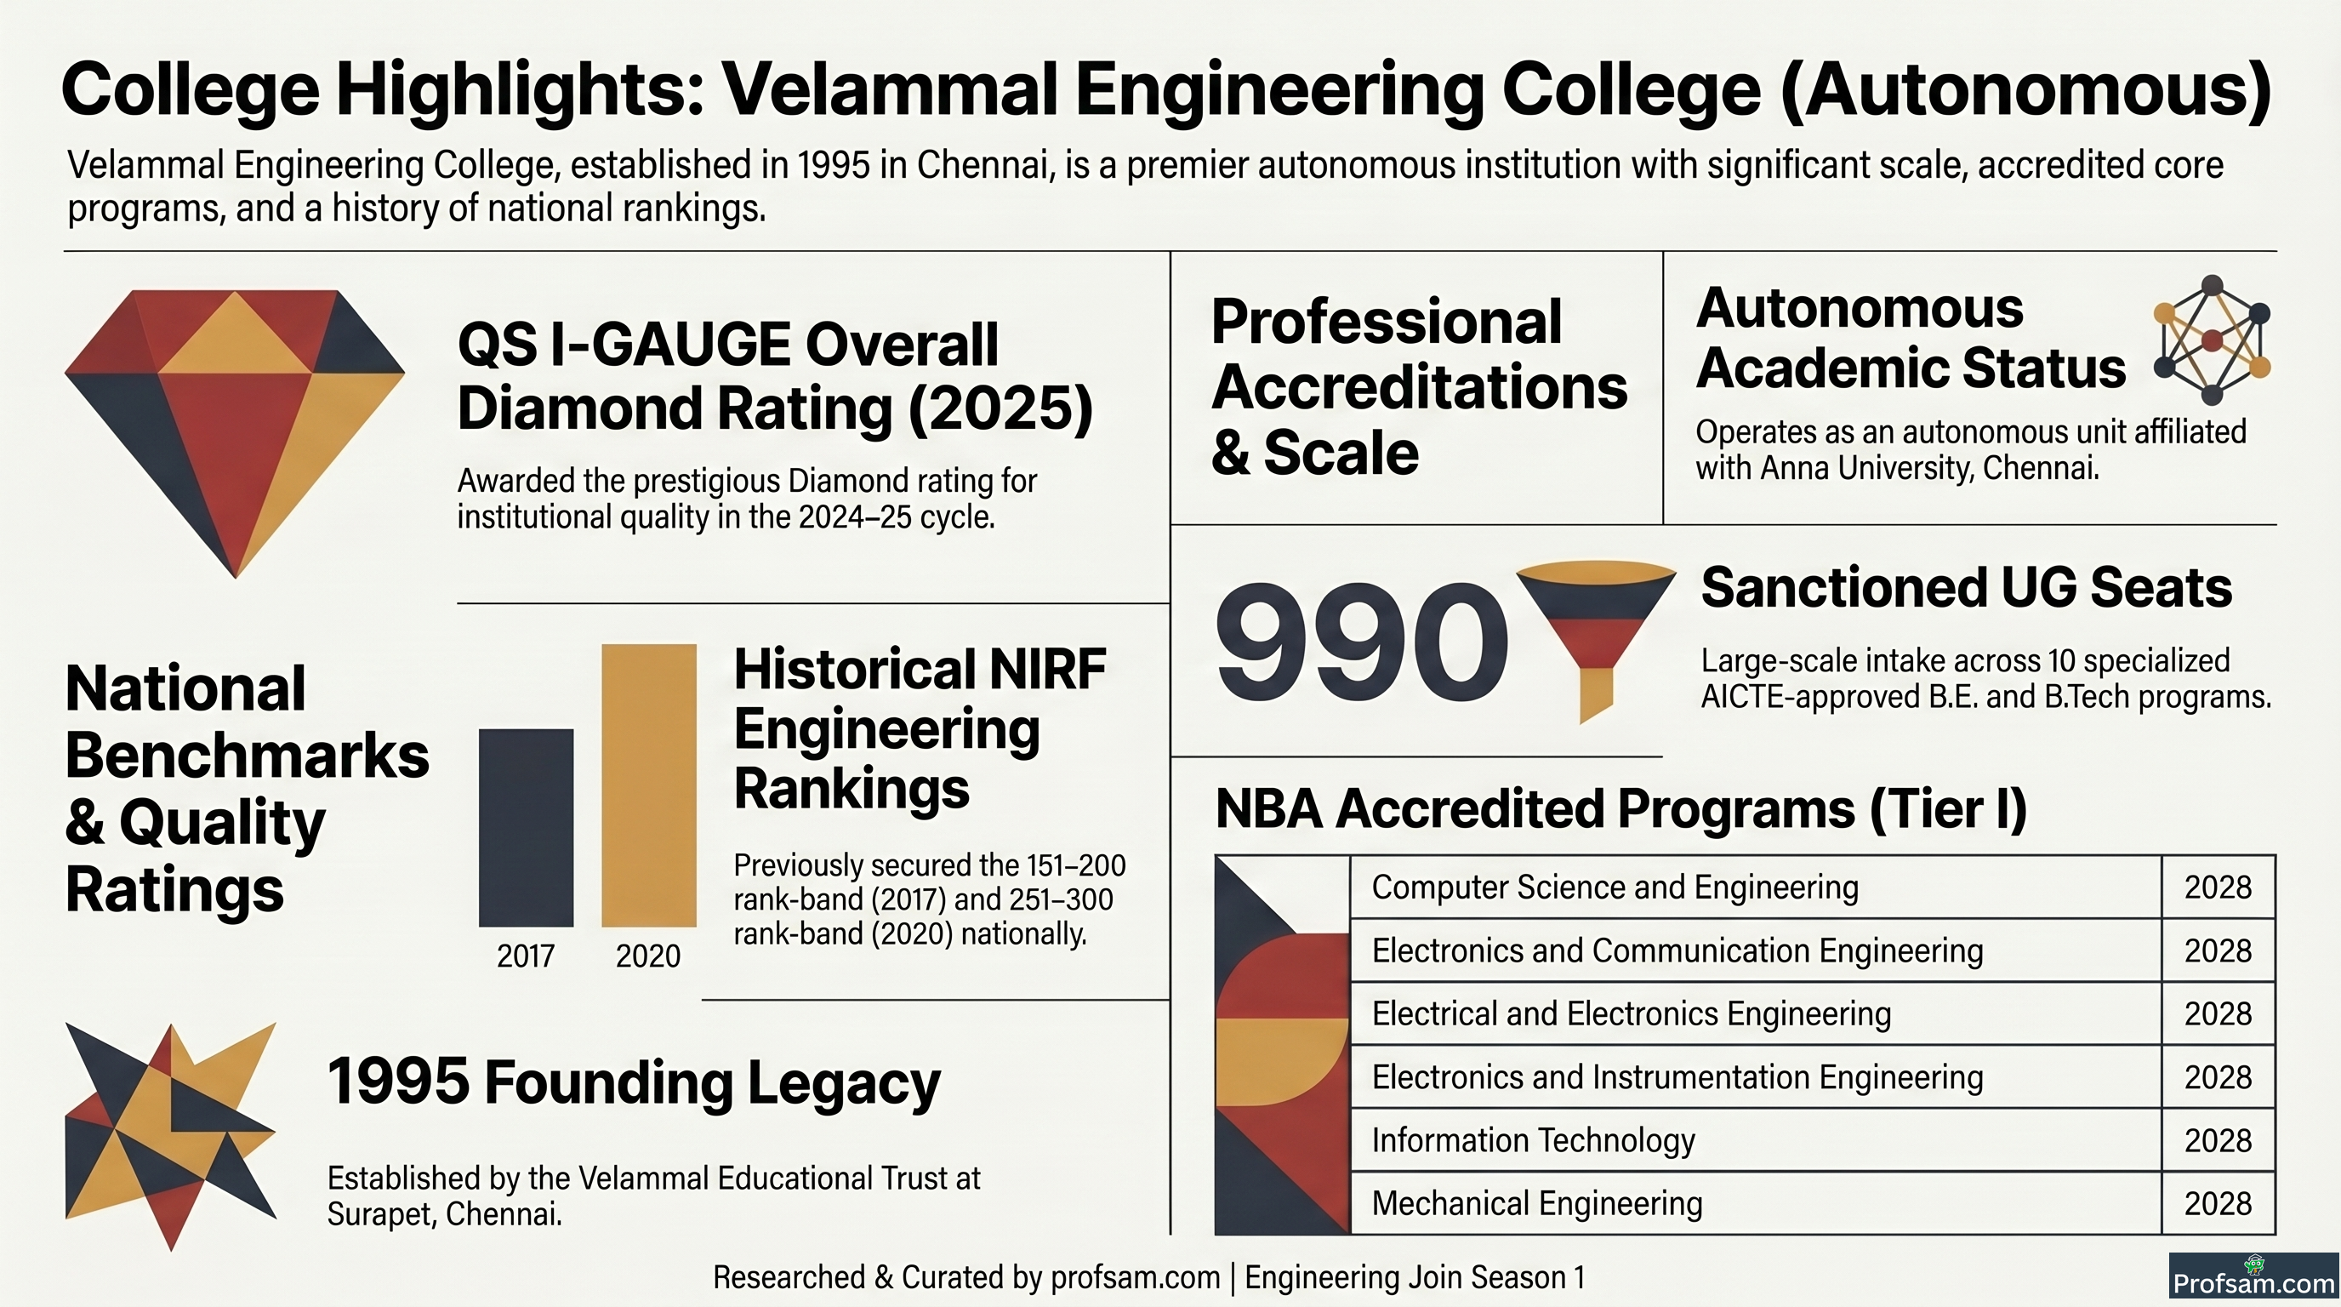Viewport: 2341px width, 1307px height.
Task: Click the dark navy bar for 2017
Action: pos(527,827)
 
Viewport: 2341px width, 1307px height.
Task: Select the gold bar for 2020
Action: pos(649,785)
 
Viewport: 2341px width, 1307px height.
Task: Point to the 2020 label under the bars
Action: pos(648,956)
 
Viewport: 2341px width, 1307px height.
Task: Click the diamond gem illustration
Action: pos(235,434)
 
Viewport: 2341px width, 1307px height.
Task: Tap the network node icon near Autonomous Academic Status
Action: pos(2212,340)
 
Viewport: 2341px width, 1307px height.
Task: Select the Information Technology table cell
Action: pos(1533,1139)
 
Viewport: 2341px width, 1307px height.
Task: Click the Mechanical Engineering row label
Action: pos(1537,1203)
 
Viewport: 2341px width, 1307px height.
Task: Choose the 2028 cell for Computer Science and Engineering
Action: pos(2218,888)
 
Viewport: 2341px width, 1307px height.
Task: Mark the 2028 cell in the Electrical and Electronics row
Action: pos(2218,1013)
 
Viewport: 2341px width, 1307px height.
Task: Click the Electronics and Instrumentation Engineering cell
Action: pos(1677,1077)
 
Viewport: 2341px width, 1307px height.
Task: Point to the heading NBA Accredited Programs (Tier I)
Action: pos(1621,808)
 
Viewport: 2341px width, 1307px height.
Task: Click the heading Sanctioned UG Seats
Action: pos(1967,587)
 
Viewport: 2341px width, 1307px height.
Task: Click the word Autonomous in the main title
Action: pos(2025,91)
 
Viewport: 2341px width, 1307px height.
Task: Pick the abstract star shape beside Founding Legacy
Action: pos(170,1136)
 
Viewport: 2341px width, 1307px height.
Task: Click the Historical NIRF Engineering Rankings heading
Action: pos(920,728)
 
